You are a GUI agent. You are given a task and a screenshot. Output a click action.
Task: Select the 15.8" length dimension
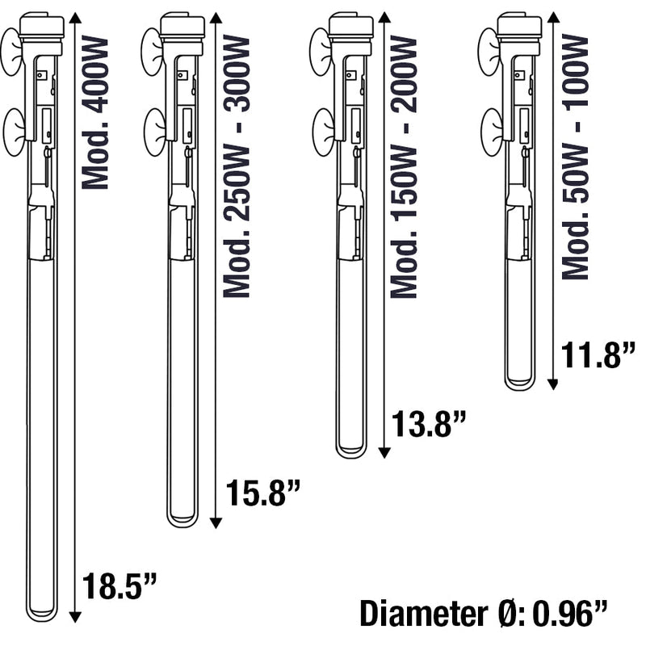pos(263,493)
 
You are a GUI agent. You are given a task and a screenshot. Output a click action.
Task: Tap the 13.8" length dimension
pos(428,423)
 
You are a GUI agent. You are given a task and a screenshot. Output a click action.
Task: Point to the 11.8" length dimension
pos(598,355)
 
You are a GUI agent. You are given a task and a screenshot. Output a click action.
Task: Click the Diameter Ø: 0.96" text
pos(484,614)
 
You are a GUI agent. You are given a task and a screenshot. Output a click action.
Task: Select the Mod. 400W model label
pos(95,112)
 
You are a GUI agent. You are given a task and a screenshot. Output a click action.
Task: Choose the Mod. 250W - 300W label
pos(237,166)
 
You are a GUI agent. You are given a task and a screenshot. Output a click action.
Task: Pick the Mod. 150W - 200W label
pos(404,167)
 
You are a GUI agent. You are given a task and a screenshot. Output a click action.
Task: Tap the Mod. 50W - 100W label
pos(575,157)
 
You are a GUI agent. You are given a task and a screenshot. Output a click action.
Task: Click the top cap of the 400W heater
pos(42,26)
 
